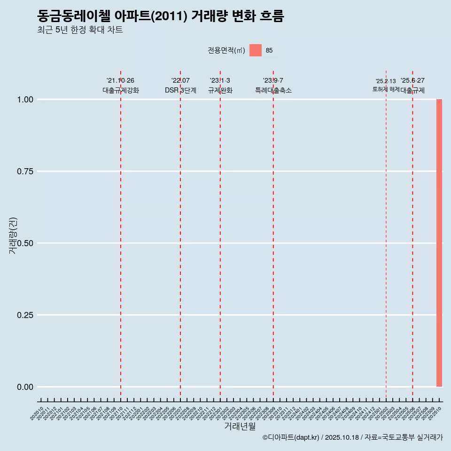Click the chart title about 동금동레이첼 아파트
point(160,16)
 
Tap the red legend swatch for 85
point(255,50)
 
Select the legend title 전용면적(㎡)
point(226,51)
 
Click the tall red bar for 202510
point(439,243)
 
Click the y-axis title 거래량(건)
point(13,235)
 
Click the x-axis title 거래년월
point(240,427)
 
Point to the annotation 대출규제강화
point(121,90)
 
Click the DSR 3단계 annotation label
point(180,90)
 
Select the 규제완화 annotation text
point(220,90)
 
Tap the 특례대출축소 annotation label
point(273,90)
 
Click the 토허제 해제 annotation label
point(386,89)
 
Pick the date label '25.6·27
point(412,81)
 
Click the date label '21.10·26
point(120,81)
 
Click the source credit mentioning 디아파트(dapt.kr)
point(352,438)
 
